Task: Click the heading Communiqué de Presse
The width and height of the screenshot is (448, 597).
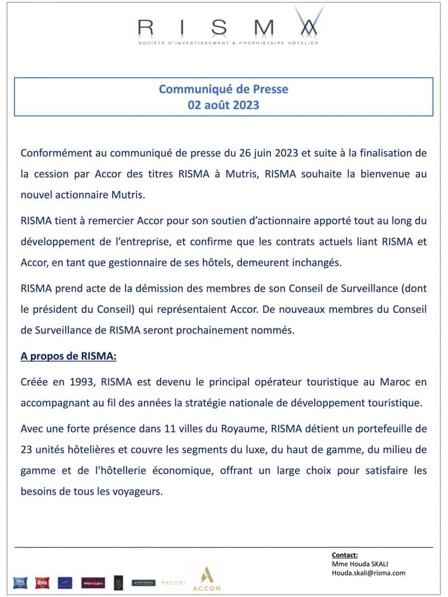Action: click(223, 89)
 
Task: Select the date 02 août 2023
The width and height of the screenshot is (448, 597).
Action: click(223, 105)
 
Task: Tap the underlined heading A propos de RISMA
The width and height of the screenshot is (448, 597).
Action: click(68, 356)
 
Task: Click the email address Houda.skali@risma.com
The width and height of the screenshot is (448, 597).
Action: click(368, 573)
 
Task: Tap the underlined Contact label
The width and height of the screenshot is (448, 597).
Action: click(344, 556)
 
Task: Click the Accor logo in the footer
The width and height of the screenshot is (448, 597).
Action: click(207, 579)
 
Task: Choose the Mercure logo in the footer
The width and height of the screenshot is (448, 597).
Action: click(93, 583)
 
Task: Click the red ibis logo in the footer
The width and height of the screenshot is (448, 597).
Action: click(42, 583)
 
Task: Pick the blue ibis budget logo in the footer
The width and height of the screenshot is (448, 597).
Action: click(21, 583)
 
